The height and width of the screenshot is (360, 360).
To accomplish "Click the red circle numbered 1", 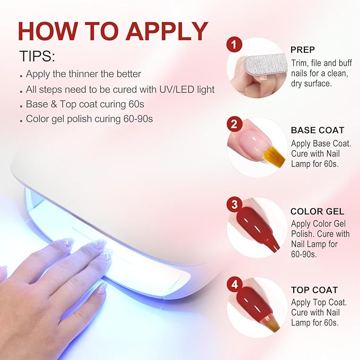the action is (x=234, y=45).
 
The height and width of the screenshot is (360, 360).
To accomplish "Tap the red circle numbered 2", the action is (x=234, y=125).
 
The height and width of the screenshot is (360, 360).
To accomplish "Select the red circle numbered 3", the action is (x=234, y=204).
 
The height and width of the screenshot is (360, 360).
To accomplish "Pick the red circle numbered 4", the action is (x=234, y=285).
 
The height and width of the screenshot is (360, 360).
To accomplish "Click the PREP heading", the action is (x=303, y=50).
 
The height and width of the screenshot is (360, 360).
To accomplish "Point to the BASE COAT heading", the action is (x=318, y=130).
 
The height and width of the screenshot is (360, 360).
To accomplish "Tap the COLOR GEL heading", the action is (x=317, y=211).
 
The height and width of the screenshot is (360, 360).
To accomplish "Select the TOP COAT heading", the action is (x=314, y=290).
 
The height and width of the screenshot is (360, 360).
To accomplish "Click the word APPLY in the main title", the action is (x=166, y=31).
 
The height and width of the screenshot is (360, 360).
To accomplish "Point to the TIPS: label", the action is (x=38, y=56).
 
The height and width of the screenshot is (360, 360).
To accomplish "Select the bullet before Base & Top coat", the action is (x=21, y=107).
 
